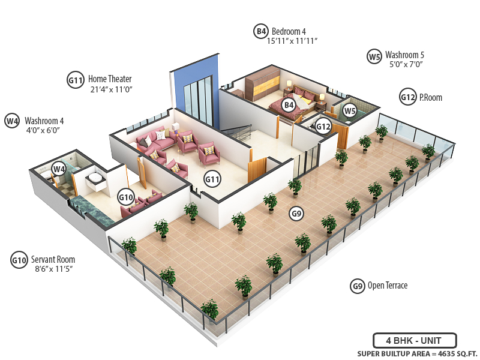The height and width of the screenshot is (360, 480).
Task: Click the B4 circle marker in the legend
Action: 260,31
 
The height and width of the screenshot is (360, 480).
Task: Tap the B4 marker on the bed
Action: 289,106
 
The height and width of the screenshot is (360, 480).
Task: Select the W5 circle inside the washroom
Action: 350,111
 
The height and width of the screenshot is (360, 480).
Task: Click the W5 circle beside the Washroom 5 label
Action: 374,57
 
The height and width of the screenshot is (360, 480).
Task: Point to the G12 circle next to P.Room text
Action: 408,97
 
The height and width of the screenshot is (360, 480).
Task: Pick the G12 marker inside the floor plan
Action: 323,127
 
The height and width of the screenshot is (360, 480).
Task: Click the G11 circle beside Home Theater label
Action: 75,79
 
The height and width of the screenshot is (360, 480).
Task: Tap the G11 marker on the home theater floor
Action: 212,178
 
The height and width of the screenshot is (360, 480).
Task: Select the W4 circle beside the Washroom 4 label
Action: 12,121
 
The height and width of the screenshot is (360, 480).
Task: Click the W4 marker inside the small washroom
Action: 58,169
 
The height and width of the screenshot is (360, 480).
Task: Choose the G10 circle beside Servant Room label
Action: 19,260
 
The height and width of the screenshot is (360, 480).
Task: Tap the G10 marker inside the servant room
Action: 126,196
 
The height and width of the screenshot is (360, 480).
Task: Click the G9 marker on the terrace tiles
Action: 296,212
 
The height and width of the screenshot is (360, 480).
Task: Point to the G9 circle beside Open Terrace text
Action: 358,286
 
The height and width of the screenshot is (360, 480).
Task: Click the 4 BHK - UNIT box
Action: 415,340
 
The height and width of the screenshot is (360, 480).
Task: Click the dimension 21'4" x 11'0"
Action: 110,89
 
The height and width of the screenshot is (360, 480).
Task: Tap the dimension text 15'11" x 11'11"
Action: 292,41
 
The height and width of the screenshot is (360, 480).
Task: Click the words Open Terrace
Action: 388,286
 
